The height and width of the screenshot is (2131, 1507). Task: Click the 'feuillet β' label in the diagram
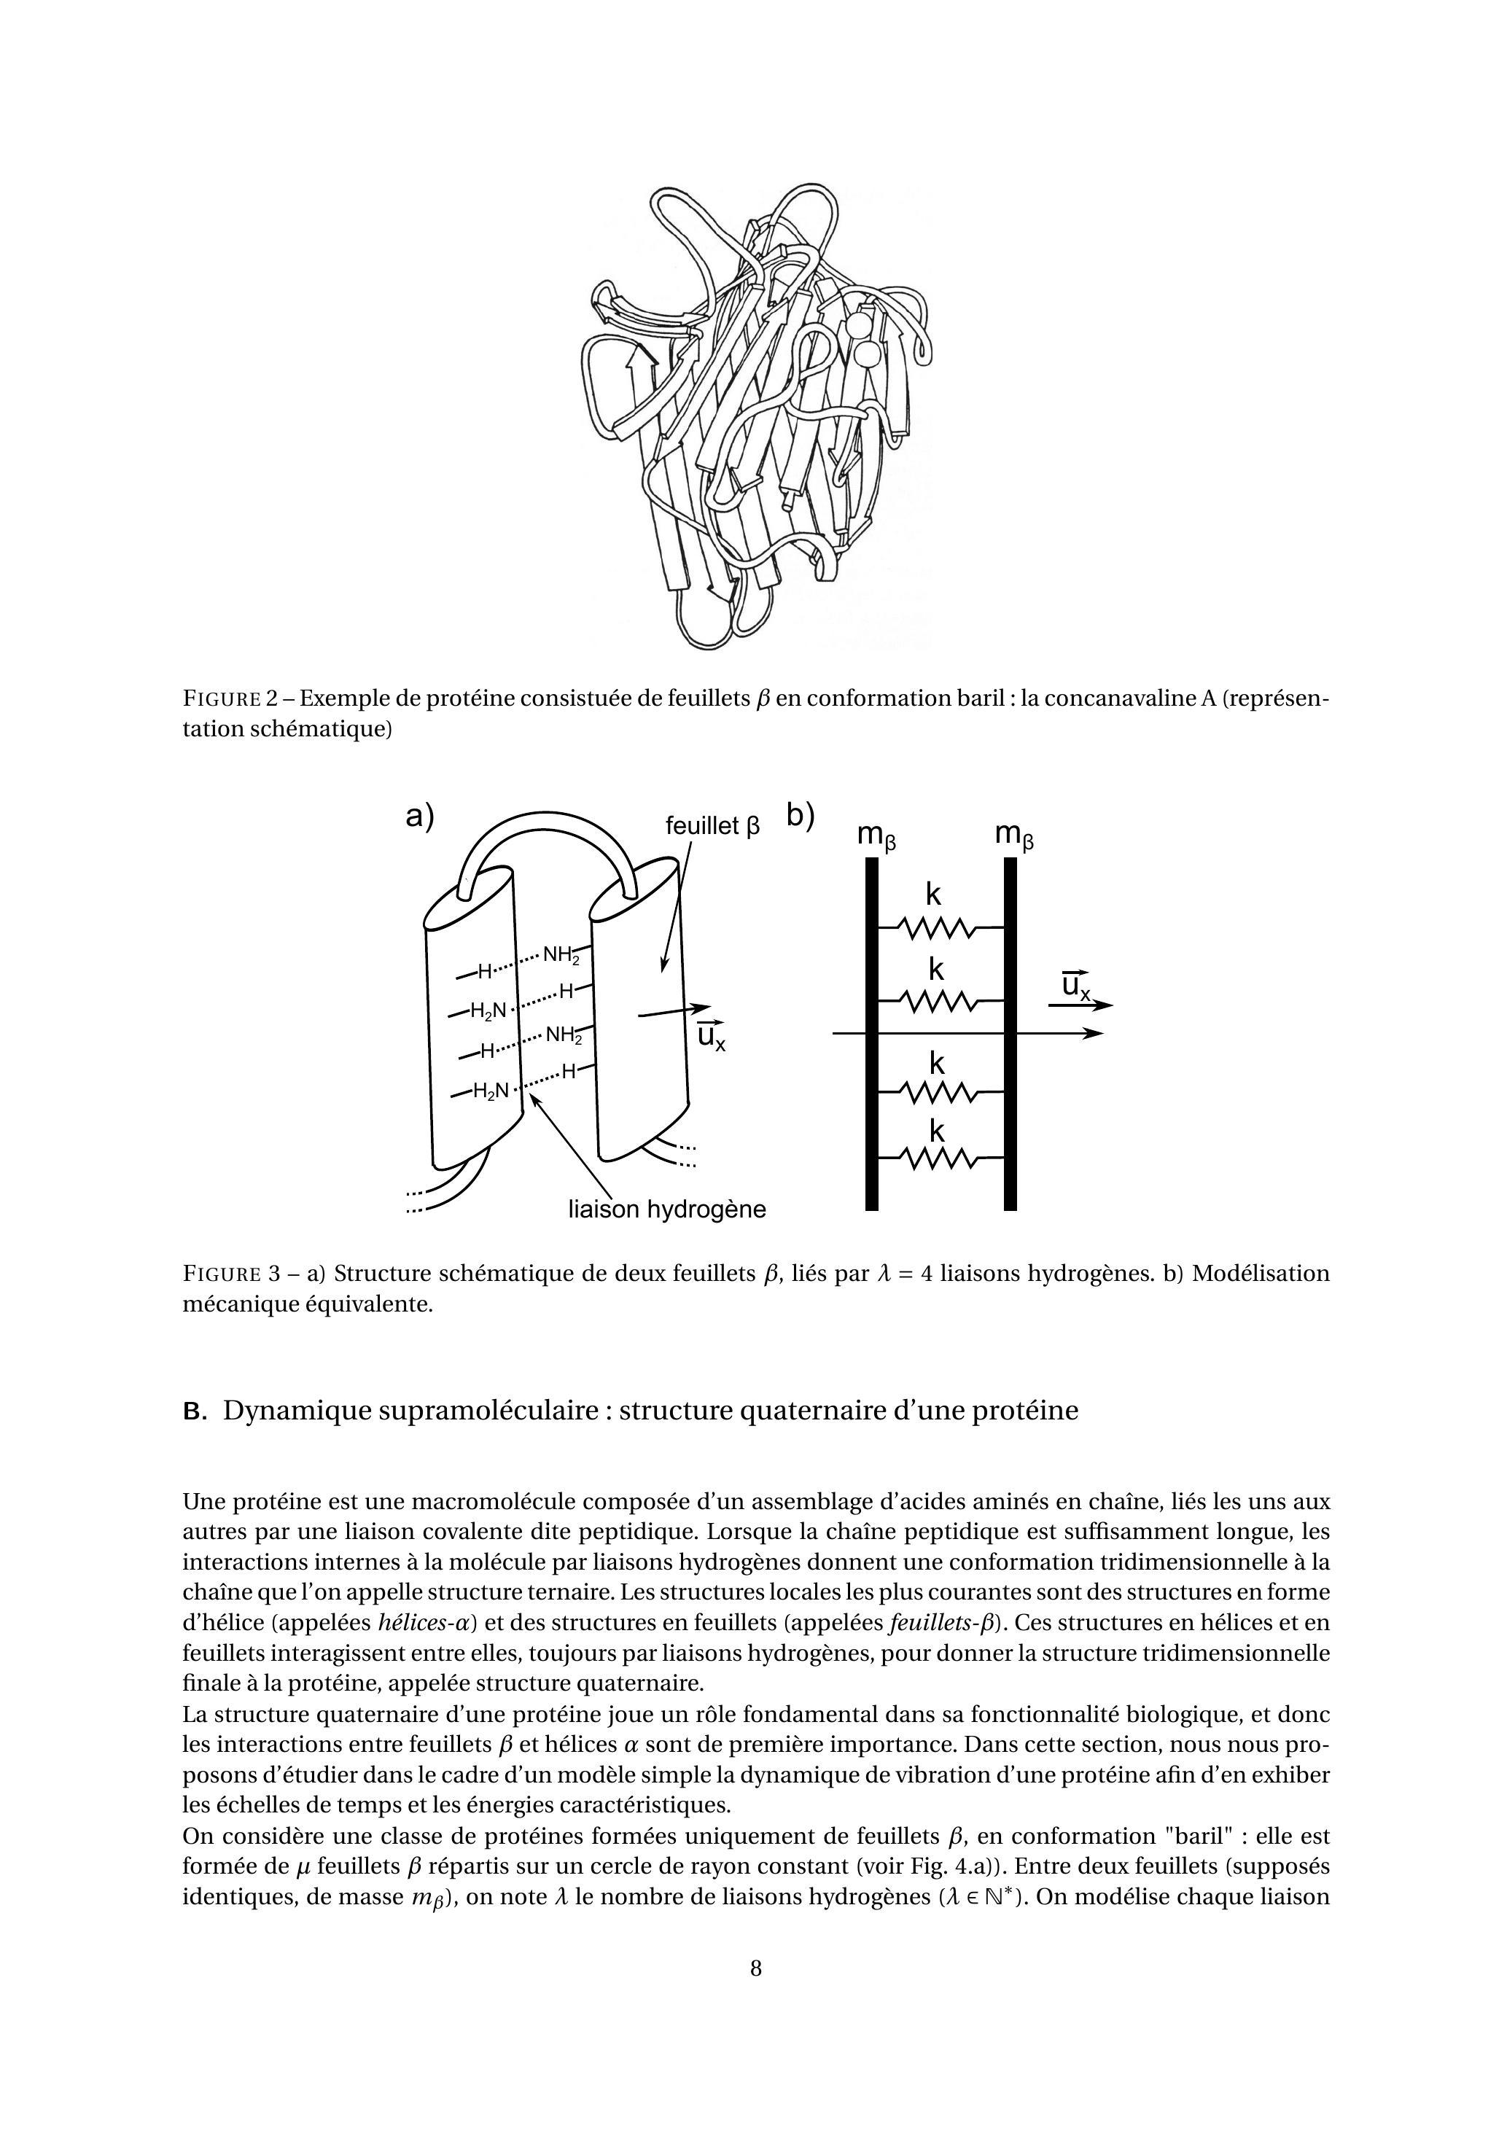(x=712, y=826)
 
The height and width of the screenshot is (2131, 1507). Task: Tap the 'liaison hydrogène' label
(x=667, y=1210)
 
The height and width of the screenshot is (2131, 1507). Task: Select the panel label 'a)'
(x=421, y=816)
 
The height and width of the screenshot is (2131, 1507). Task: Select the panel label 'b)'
(x=801, y=815)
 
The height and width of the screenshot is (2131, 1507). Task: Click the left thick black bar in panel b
(x=871, y=1034)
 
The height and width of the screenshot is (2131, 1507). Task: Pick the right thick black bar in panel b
(x=1010, y=1034)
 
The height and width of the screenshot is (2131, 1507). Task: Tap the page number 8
(x=755, y=1968)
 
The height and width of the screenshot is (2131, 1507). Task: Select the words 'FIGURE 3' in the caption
(x=237, y=1274)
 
